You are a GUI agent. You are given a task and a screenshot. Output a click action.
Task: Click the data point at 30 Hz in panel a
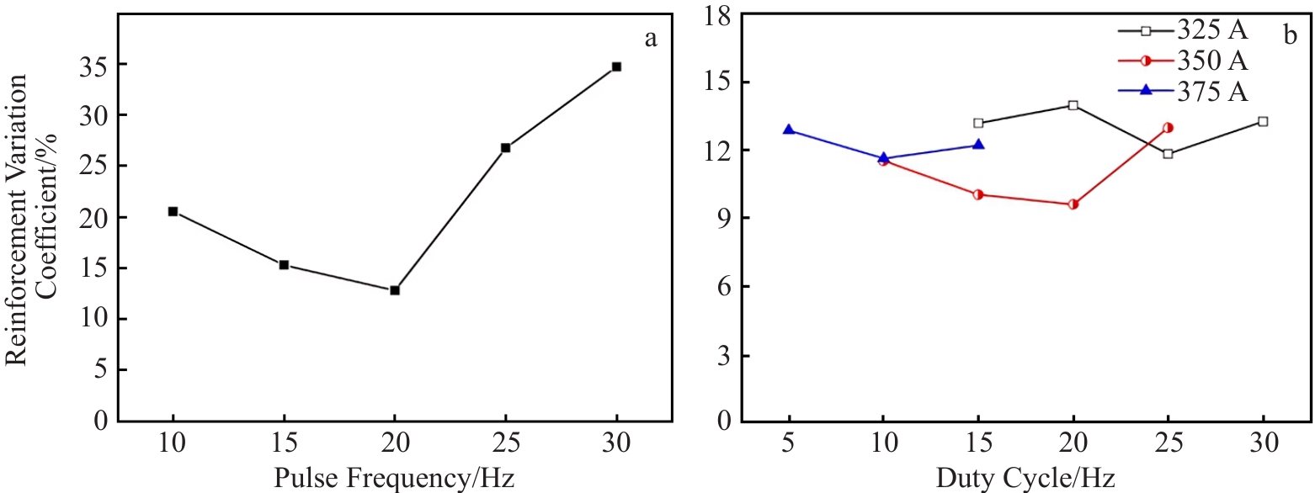(616, 66)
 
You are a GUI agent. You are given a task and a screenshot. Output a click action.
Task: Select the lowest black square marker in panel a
(395, 290)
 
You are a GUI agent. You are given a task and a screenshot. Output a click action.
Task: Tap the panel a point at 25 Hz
(505, 148)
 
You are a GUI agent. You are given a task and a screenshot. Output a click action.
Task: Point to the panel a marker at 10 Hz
(173, 211)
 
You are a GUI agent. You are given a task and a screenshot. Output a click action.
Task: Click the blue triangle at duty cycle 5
(789, 130)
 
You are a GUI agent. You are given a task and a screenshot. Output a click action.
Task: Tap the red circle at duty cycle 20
(1073, 204)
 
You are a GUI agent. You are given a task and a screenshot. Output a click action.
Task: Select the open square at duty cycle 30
(1263, 121)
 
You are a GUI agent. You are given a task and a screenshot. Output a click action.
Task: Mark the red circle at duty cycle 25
(1168, 128)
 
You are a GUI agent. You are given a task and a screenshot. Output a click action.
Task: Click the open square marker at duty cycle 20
(1073, 105)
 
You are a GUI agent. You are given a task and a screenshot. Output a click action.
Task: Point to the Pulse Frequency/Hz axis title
(394, 479)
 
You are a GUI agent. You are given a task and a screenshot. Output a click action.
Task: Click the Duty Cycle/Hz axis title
(1025, 479)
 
